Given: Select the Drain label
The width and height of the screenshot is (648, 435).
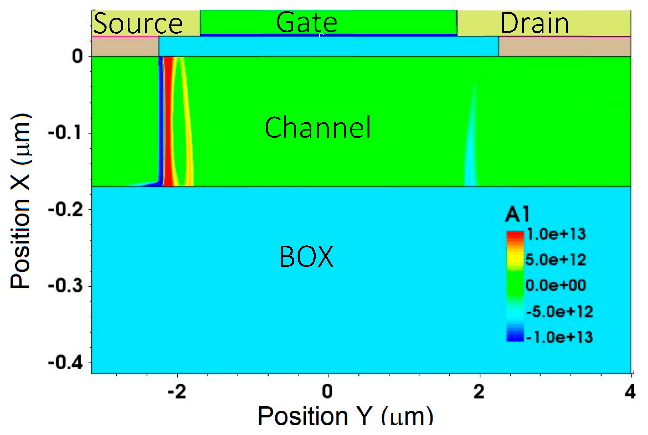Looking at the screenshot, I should click(x=535, y=23).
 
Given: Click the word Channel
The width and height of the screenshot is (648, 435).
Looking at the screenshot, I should click(x=318, y=128).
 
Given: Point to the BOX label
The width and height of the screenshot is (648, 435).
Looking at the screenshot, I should click(x=306, y=257).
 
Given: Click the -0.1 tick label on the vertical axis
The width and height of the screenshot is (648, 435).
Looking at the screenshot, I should click(x=65, y=133).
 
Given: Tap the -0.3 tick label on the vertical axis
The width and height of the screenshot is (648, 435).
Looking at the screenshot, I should click(x=65, y=286).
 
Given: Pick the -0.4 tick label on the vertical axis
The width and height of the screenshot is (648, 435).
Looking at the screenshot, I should click(x=65, y=362).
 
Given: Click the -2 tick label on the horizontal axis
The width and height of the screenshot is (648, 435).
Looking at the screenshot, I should click(x=177, y=392).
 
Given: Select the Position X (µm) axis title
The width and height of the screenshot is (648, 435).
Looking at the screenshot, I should click(x=21, y=201).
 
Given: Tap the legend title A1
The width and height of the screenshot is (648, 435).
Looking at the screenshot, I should click(x=518, y=215).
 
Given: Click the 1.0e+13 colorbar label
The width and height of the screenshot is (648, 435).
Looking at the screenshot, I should click(x=556, y=234).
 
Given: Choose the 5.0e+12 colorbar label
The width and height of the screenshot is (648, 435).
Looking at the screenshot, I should click(x=556, y=260).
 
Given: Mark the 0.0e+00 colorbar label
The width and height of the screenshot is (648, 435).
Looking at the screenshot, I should click(x=556, y=285).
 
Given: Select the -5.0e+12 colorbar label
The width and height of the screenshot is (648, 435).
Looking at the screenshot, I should click(x=559, y=312).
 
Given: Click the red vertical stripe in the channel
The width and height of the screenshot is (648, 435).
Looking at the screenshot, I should click(x=168, y=122).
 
